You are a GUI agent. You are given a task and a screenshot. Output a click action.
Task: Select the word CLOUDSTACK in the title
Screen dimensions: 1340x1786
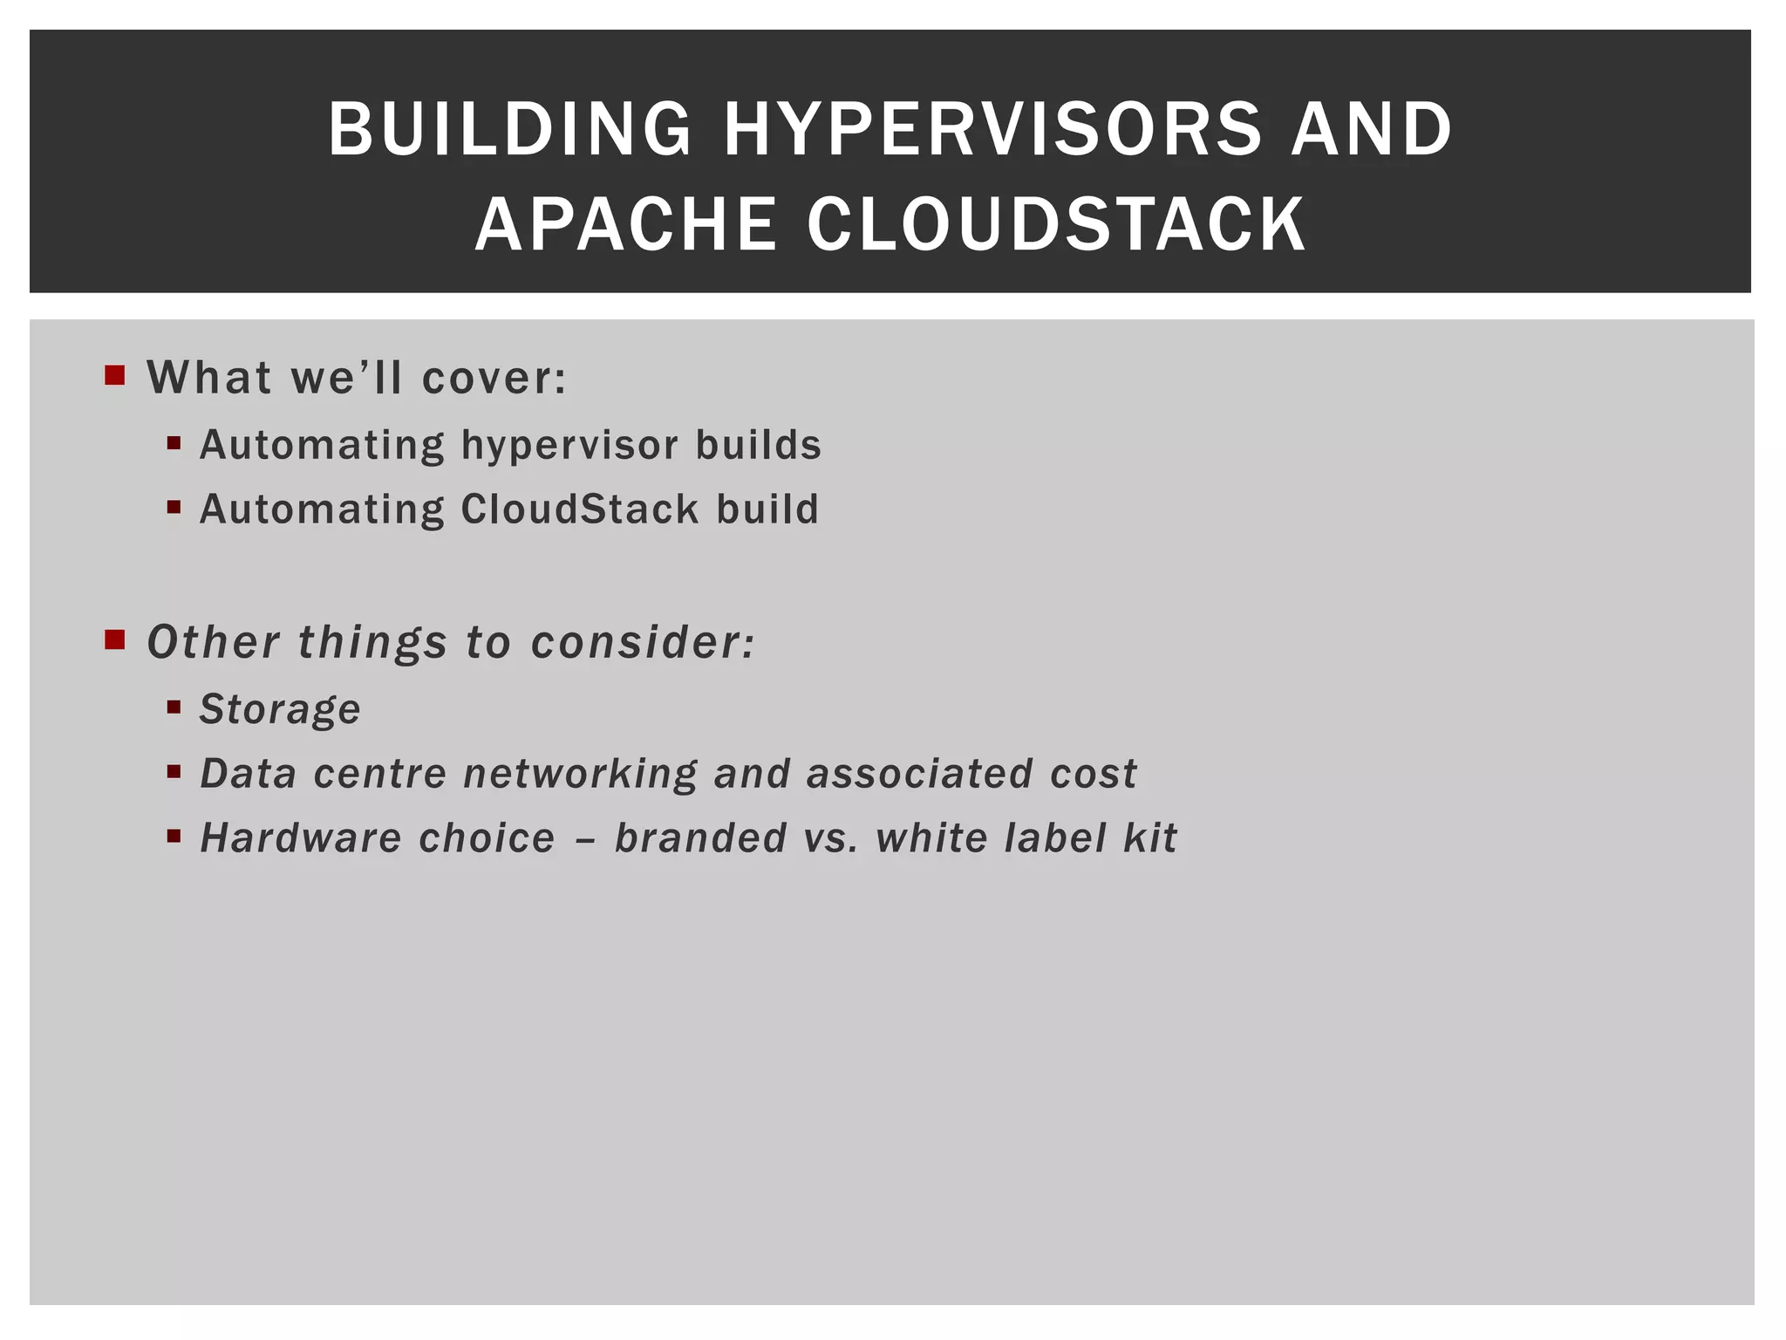(x=1057, y=225)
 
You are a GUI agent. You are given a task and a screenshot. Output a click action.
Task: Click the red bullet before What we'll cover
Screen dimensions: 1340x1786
(x=114, y=376)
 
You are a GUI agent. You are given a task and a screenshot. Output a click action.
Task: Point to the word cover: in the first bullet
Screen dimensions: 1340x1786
(x=494, y=378)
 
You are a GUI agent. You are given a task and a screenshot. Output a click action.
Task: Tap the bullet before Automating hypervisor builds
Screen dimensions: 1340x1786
(x=174, y=443)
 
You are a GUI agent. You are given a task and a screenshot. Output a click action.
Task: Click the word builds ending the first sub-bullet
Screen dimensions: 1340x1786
(x=758, y=445)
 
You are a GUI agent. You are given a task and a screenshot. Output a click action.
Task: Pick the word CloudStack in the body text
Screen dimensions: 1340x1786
(x=580, y=509)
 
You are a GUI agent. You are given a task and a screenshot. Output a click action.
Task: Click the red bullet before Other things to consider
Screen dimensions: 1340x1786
(x=114, y=640)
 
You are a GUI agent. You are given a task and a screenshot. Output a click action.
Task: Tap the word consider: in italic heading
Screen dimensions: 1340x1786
(x=643, y=643)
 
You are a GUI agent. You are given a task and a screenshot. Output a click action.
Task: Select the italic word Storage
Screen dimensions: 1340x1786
(x=280, y=709)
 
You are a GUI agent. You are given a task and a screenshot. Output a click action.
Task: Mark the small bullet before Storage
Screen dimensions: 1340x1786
(x=174, y=707)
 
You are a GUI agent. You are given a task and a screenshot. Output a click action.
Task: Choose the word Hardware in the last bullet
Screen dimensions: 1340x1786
(x=301, y=838)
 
